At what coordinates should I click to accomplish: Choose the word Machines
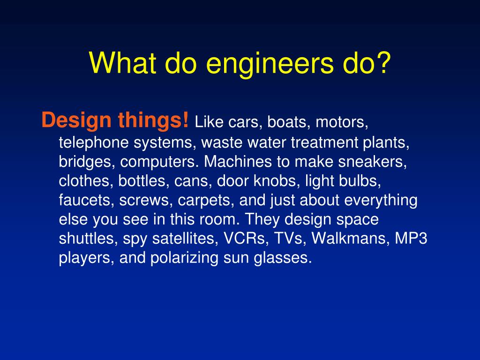click(238, 162)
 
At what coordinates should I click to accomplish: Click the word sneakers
click(375, 162)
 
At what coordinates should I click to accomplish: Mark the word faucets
click(86, 200)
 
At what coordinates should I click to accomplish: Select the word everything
click(381, 200)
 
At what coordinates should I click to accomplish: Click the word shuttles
click(89, 239)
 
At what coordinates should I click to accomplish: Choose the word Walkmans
click(350, 239)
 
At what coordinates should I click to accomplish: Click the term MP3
click(411, 239)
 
